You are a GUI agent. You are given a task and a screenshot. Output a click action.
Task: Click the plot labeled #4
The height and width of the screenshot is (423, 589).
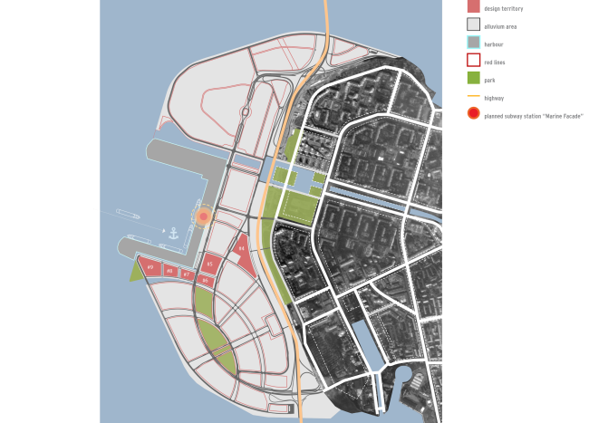click(241, 248)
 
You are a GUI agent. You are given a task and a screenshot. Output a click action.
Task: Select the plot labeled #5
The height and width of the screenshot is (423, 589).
click(209, 264)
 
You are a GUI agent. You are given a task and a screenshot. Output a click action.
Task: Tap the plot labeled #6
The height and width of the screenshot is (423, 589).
click(206, 281)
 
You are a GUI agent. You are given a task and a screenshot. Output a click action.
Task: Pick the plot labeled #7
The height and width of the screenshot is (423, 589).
click(186, 274)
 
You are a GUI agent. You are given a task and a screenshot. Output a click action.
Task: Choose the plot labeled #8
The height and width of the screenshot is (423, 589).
click(169, 270)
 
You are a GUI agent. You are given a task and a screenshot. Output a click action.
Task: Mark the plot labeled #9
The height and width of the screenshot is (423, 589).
click(150, 267)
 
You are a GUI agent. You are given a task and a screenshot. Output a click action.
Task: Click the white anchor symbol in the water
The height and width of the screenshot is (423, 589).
click(170, 234)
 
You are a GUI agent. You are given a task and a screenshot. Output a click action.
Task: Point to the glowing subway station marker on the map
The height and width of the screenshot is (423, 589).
click(204, 216)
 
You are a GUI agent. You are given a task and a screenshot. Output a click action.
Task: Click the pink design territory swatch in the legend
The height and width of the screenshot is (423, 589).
click(473, 7)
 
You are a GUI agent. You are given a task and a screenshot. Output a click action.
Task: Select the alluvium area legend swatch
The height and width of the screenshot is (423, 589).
click(473, 26)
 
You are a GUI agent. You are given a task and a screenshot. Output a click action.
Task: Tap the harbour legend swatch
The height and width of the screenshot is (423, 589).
click(473, 43)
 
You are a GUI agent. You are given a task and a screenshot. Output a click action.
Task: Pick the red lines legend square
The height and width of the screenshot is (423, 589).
click(473, 61)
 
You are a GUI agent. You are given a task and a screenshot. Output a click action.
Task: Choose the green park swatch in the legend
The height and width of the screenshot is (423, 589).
click(473, 79)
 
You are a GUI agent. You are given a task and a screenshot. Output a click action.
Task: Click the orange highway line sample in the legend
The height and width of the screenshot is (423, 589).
click(473, 97)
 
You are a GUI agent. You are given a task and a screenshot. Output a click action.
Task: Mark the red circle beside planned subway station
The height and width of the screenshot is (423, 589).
click(473, 114)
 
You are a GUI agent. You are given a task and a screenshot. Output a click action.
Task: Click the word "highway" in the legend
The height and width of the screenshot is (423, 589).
click(494, 98)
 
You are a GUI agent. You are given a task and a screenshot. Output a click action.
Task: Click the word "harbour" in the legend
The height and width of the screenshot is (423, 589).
click(495, 44)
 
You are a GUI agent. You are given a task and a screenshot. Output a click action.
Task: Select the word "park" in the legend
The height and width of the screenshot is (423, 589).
click(489, 80)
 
